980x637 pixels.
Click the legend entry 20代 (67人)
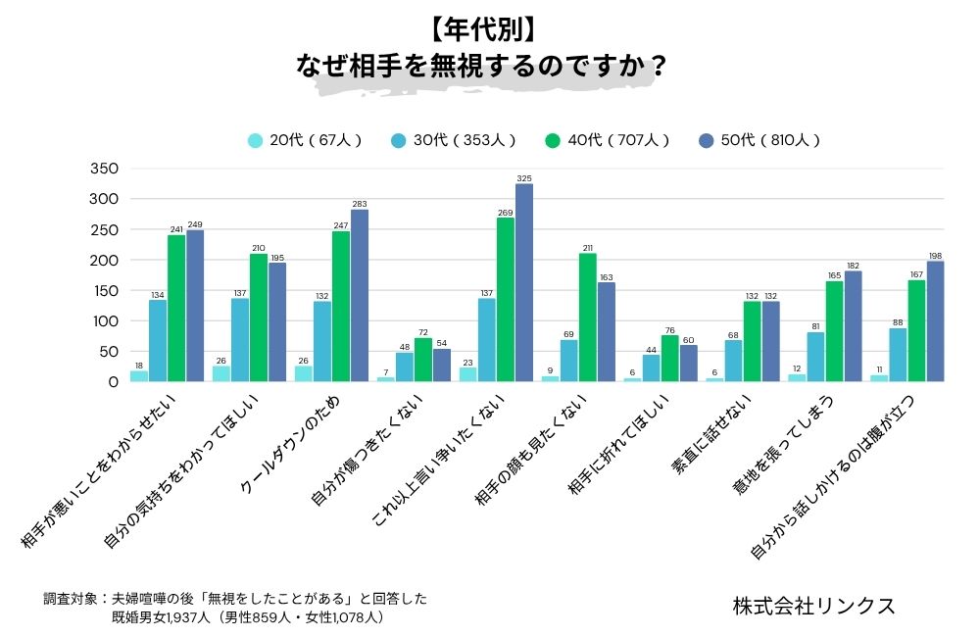(304, 140)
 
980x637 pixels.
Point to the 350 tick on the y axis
(104, 169)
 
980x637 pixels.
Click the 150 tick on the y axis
(104, 291)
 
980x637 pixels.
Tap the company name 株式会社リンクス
(813, 606)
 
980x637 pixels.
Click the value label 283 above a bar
(359, 203)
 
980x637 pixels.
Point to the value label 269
(505, 212)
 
